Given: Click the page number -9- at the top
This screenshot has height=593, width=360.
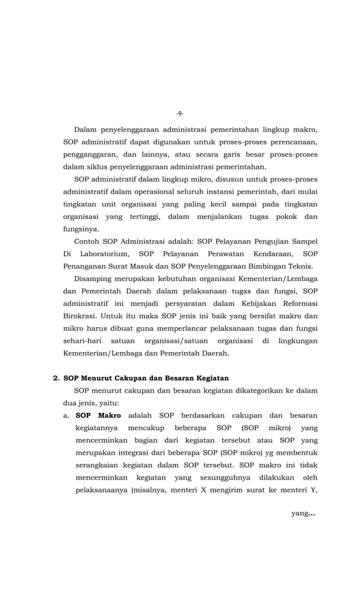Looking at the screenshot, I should point(179,113).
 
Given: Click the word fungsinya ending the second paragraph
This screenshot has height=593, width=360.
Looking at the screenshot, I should point(81,229).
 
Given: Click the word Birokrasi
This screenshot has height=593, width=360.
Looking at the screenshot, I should point(81,316).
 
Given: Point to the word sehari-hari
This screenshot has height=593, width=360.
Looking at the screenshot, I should point(82,341).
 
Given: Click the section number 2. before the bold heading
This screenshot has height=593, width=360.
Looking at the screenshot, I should point(56,377).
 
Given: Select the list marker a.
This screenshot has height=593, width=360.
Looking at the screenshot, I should point(67,415).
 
